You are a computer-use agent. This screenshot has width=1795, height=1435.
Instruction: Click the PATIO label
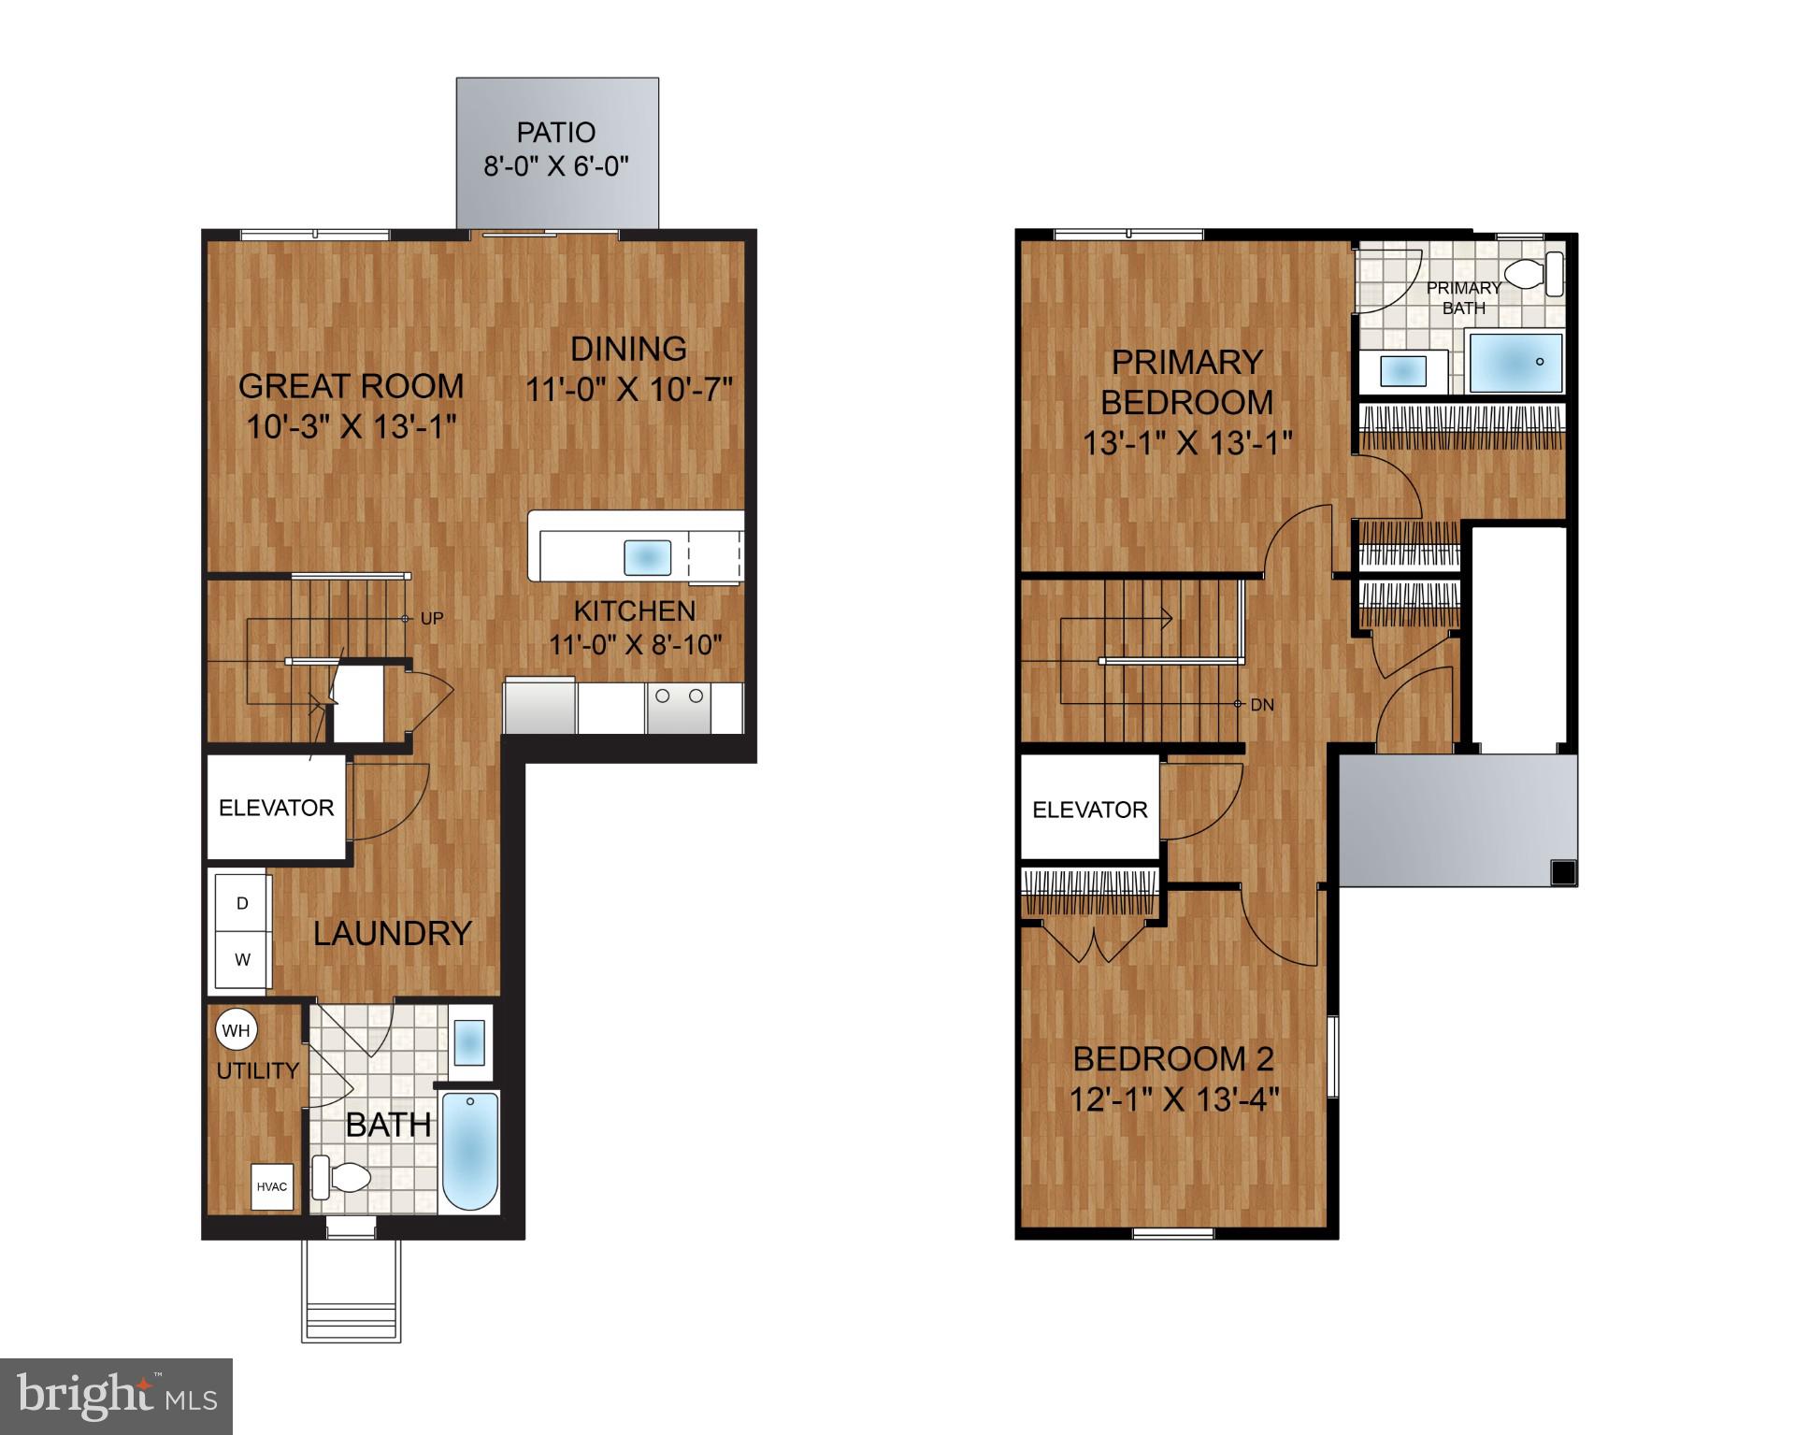(555, 133)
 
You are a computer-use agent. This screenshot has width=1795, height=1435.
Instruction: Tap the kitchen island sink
(647, 558)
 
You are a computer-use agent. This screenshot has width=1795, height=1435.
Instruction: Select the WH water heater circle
(236, 1030)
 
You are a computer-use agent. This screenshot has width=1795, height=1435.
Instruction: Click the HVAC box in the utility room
(272, 1186)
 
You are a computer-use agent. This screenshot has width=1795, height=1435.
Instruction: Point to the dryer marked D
(242, 903)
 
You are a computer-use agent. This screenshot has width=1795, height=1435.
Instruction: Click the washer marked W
(242, 960)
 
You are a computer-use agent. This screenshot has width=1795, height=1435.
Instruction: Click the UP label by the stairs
(432, 618)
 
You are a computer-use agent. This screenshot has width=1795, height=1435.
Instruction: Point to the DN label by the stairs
(1262, 705)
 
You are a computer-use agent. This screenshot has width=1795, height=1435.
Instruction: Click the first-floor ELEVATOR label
(276, 808)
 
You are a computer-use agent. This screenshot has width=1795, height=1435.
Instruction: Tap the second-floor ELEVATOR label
(1089, 810)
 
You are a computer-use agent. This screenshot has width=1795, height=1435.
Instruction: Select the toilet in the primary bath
(1533, 275)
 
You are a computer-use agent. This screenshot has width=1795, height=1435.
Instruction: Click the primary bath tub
(1515, 363)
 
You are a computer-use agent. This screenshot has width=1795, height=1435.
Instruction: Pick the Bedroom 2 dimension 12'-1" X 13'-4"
(1173, 1098)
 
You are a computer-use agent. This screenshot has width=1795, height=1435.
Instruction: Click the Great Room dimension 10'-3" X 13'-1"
(351, 427)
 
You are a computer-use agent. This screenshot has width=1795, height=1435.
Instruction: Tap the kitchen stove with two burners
(680, 708)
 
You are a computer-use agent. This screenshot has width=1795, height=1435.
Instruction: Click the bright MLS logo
(116, 1397)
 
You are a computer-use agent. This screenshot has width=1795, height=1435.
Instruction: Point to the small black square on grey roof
(1562, 873)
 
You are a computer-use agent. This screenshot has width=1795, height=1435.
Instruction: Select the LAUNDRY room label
(392, 933)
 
